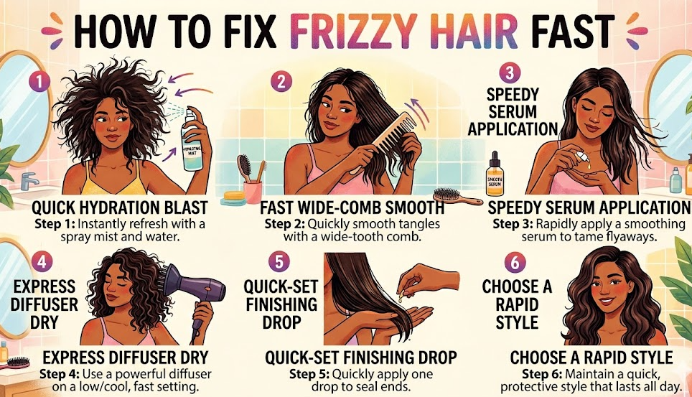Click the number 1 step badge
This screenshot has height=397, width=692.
(40, 82)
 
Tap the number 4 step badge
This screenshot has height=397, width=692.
(42, 262)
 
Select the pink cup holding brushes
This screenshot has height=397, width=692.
(253, 192)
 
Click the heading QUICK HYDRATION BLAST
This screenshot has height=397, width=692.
(120, 207)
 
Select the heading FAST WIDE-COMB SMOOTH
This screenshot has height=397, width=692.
(352, 207)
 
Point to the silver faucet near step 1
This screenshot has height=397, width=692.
(29, 181)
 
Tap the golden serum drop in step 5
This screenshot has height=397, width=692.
(401, 299)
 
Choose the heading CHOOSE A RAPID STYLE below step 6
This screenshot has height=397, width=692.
(592, 358)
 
